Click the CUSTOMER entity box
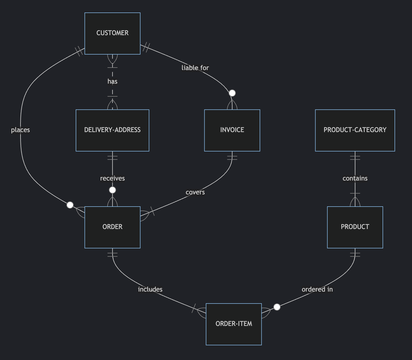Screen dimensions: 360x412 coord(112,33)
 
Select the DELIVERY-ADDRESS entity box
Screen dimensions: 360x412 coord(112,130)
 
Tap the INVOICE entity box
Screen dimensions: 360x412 coord(232,130)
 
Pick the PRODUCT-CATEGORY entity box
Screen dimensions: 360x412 coord(355,130)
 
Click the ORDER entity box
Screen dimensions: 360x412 coord(112,227)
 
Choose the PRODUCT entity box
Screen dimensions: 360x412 coord(355,227)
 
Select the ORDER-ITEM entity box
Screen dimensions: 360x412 coord(234,324)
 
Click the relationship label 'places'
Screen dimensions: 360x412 coord(20,130)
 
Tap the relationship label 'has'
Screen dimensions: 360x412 coord(112,81)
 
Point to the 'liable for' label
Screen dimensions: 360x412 coord(195,68)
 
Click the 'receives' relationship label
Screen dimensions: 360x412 coord(112,178)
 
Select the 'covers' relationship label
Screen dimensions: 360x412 coord(195,192)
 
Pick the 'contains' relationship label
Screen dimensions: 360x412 coord(355,178)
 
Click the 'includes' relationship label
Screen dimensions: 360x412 coord(150,289)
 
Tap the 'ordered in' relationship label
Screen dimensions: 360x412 coord(317,289)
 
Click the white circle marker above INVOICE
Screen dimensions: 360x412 coord(232,93)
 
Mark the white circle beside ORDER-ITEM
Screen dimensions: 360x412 coord(277,307)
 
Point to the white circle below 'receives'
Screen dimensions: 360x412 coord(112,190)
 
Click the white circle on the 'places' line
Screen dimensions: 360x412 coord(70,205)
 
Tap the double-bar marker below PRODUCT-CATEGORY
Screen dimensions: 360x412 coord(355,158)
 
